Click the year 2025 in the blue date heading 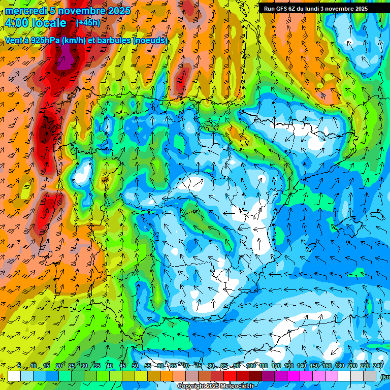pyautogui.click(x=118, y=11)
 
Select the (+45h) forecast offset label pyautogui.click(x=88, y=23)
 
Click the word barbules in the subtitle pyautogui.click(x=110, y=40)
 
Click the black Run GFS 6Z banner pyautogui.click(x=320, y=8)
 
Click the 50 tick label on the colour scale pyautogui.click(x=135, y=366)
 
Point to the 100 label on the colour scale pyautogui.click(x=251, y=366)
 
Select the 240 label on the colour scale pyautogui.click(x=377, y=366)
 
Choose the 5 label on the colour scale pyautogui.click(x=19, y=366)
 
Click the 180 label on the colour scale pyautogui.click(x=339, y=366)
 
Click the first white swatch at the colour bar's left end pyautogui.click(x=14, y=376)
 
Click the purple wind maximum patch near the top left pyautogui.click(x=65, y=61)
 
